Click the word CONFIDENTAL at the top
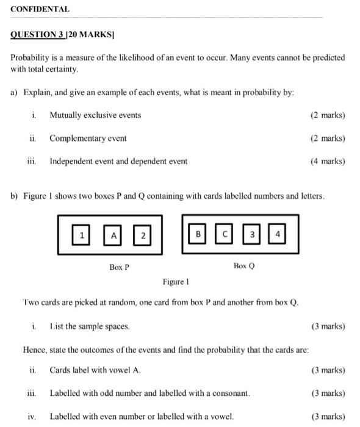coord(40,9)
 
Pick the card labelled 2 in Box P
coord(142,235)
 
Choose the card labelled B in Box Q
coord(198,234)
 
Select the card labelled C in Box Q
coord(224,234)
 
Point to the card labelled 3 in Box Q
coord(251,234)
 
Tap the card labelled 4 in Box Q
coord(278,234)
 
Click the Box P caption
coord(119,267)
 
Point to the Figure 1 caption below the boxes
coord(176,282)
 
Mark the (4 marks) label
coord(328,162)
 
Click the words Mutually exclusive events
coord(95,115)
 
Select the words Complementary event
coord(88,138)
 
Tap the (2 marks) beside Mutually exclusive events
coord(328,115)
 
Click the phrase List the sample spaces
coord(90,326)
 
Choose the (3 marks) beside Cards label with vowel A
coord(328,370)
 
